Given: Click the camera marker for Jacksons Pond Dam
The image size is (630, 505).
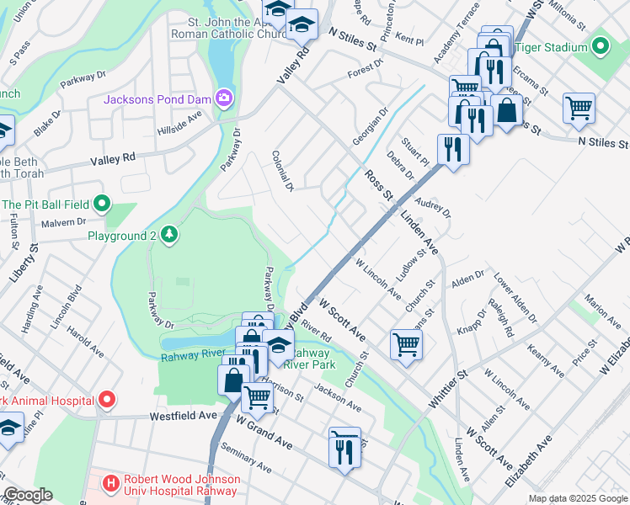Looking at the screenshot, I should [x=223, y=99].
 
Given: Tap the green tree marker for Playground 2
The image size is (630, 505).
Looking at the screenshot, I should [x=169, y=234].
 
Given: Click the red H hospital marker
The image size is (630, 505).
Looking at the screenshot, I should [x=109, y=483].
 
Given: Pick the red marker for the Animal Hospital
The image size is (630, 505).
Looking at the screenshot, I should [x=106, y=397].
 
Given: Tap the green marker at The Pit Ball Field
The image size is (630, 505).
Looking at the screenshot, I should [x=102, y=204].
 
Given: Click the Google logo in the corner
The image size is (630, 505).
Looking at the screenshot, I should [x=27, y=495].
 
